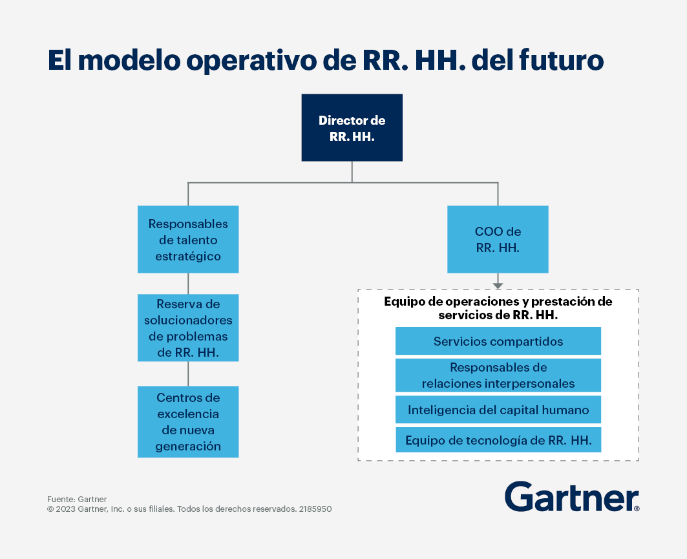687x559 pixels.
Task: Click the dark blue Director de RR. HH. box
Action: (352, 127)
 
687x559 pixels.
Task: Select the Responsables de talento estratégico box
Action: (188, 239)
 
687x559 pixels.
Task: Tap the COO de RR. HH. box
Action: (498, 239)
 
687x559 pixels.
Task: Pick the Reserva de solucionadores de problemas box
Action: (188, 328)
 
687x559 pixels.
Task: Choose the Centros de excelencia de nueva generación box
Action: (188, 422)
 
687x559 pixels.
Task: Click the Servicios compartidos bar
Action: (498, 341)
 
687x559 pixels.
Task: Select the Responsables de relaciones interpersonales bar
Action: (498, 375)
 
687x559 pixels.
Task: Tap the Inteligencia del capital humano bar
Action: (498, 410)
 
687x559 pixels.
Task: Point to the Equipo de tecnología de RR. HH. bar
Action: (498, 440)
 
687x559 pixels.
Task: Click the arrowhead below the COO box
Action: (498, 286)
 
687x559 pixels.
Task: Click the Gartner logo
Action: (572, 496)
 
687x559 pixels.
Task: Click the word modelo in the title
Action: (129, 60)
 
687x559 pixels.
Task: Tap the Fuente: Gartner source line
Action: (77, 499)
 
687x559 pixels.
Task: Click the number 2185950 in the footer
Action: (315, 509)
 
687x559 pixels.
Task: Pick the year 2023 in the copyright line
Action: (65, 509)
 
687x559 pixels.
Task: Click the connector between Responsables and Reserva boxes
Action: (189, 284)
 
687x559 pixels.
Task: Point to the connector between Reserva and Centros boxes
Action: (189, 374)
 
